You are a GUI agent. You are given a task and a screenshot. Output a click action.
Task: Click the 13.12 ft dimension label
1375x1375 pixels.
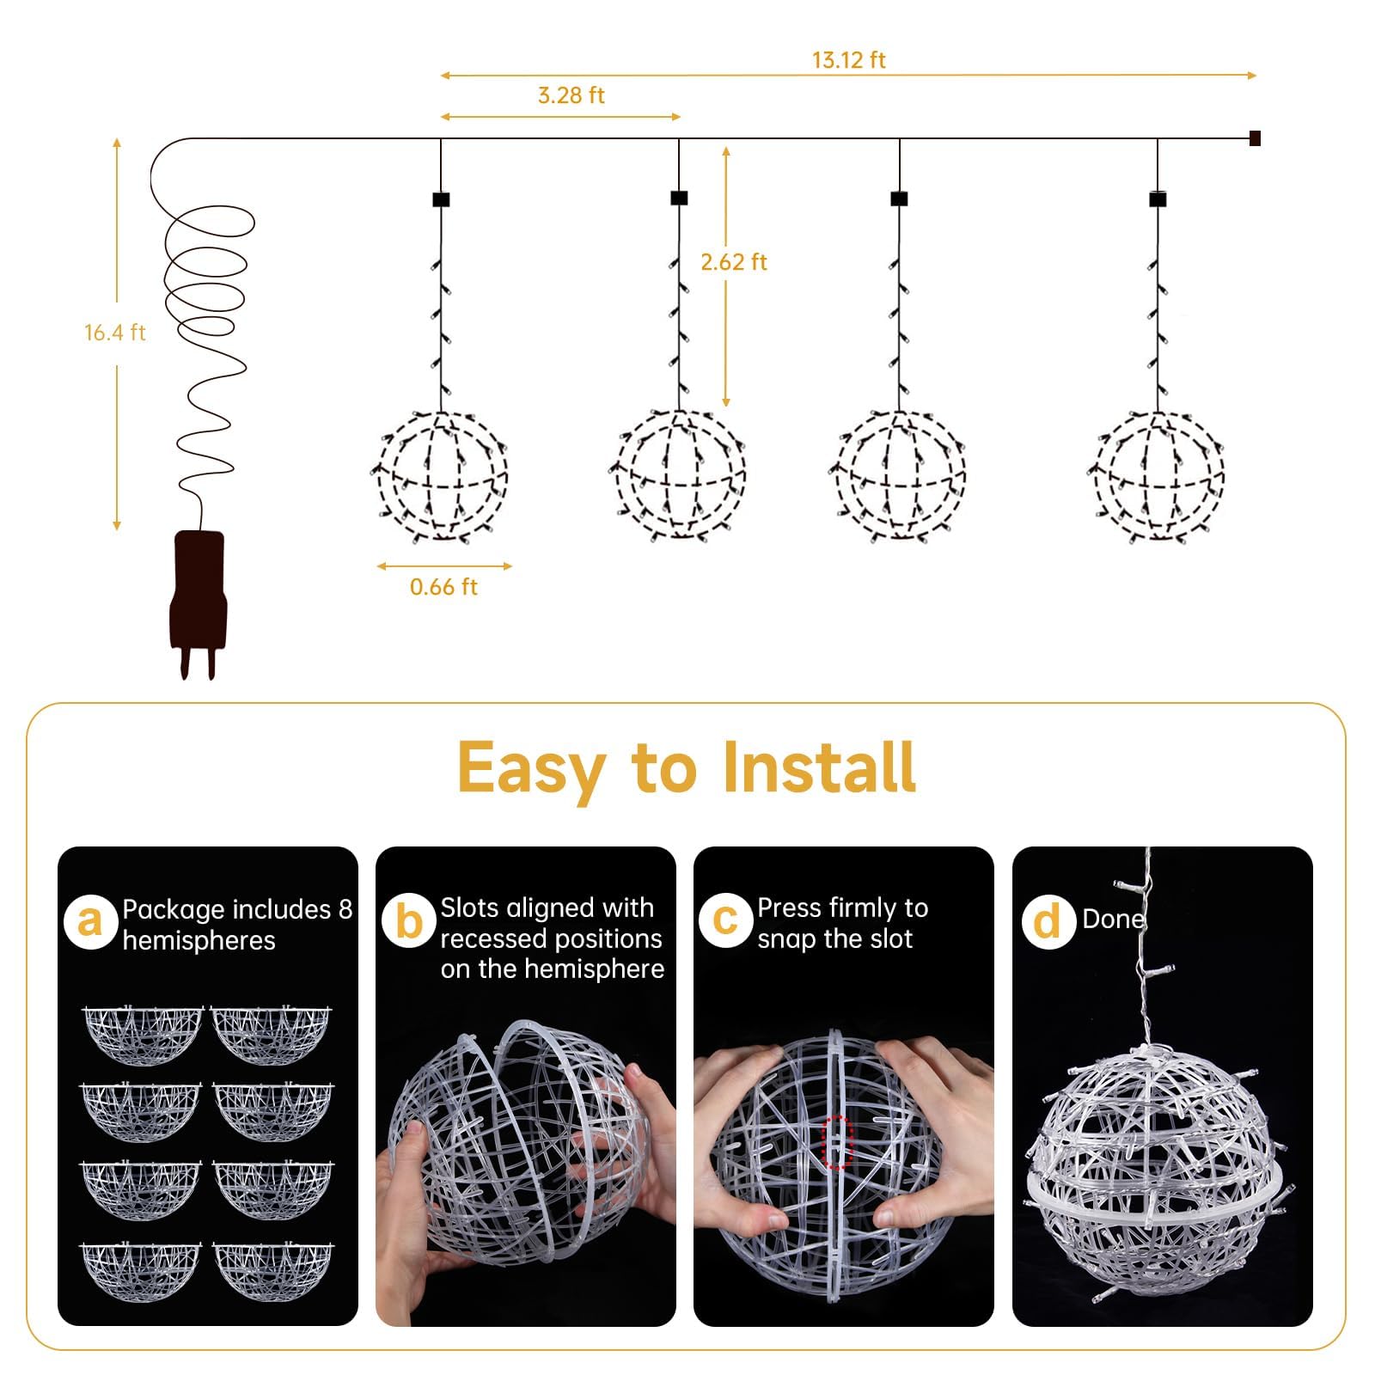tap(848, 60)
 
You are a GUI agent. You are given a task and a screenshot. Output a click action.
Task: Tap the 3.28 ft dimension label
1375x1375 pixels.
tap(571, 95)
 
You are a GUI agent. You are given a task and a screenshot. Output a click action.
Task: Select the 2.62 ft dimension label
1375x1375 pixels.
tap(733, 262)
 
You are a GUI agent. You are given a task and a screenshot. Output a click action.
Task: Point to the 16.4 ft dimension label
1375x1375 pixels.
tap(114, 333)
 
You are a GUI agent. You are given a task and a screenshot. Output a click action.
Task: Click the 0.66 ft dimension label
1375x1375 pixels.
tap(443, 587)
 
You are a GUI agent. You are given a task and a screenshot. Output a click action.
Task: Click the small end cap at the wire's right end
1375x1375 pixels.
tap(1255, 138)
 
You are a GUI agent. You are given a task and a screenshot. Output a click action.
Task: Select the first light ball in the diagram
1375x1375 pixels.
tap(443, 476)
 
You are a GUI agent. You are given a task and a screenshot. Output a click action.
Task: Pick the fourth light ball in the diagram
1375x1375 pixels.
tap(1158, 476)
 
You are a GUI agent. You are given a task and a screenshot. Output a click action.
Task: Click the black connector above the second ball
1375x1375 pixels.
tap(679, 199)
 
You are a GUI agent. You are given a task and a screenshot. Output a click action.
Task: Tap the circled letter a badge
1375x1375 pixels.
tap(90, 921)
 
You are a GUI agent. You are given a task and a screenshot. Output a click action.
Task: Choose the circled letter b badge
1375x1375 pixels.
tap(409, 921)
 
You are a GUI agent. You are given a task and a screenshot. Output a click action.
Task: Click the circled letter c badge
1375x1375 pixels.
tap(725, 920)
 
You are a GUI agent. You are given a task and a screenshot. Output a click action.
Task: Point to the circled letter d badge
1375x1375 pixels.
tap(1048, 921)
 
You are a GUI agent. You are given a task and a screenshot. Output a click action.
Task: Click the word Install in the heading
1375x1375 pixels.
tap(819, 767)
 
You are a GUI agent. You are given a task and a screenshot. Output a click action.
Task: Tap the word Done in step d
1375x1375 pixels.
tap(1113, 919)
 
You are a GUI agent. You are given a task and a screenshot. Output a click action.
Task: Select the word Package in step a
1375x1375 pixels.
tap(174, 909)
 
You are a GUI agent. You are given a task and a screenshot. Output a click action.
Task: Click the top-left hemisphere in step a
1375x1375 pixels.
tap(143, 1034)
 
